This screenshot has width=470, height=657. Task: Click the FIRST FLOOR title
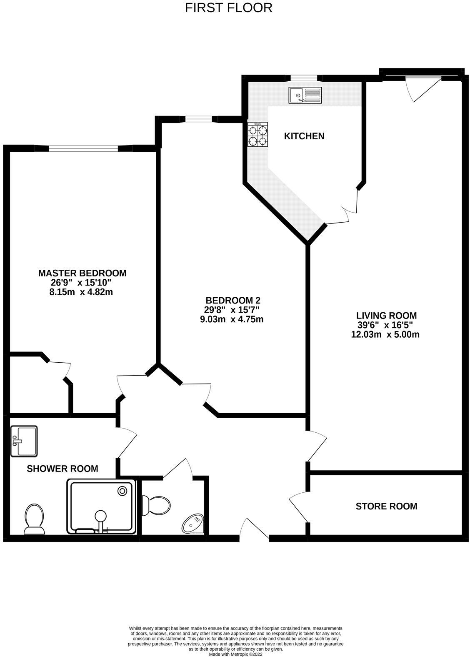pyautogui.click(x=229, y=8)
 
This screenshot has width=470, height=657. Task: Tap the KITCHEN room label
pyautogui.click(x=304, y=136)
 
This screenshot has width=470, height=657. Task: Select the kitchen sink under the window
pyautogui.click(x=305, y=95)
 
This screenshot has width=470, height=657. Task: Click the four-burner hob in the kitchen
pyautogui.click(x=258, y=135)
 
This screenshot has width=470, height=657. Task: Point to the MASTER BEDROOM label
pyautogui.click(x=82, y=273)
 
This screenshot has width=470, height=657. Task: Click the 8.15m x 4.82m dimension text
pyautogui.click(x=81, y=292)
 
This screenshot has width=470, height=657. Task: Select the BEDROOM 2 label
pyautogui.click(x=233, y=300)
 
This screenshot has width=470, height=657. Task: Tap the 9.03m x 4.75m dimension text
pyautogui.click(x=232, y=319)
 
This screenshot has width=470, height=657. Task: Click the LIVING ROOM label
pyautogui.click(x=386, y=316)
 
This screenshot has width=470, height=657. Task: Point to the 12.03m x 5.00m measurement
pyautogui.click(x=385, y=334)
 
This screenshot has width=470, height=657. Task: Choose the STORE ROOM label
pyautogui.click(x=386, y=506)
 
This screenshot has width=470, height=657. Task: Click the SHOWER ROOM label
pyautogui.click(x=62, y=469)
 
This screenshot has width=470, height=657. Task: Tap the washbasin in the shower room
pyautogui.click(x=24, y=441)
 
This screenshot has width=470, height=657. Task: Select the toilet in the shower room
pyautogui.click(x=35, y=519)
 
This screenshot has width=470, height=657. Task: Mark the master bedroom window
pyautogui.click(x=83, y=148)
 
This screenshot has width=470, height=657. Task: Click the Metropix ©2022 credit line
pyautogui.click(x=235, y=654)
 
